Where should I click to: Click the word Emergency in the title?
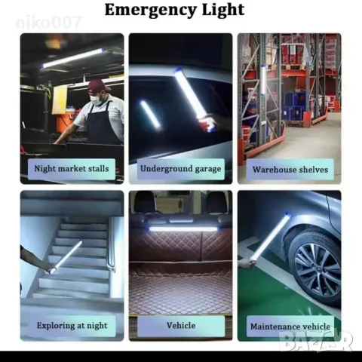click(x=150, y=10)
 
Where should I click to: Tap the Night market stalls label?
click(x=72, y=169)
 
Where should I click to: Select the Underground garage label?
click(x=181, y=169)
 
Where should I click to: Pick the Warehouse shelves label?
click(x=290, y=170)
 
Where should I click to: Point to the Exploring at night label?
click(x=72, y=326)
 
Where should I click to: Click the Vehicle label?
click(x=181, y=326)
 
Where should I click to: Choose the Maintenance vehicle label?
click(x=290, y=327)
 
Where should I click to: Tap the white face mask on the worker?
click(x=95, y=100)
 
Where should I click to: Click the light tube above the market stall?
click(x=73, y=59)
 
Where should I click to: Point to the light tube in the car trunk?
click(x=183, y=229)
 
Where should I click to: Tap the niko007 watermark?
click(x=49, y=23)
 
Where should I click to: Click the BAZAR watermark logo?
click(x=318, y=341)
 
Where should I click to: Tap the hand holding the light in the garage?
click(x=207, y=124)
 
